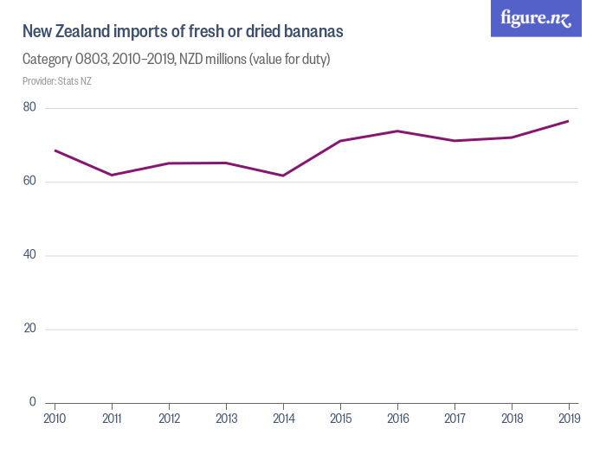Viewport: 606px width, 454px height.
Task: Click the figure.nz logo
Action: [x=535, y=18]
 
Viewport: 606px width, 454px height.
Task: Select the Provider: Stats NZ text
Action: [x=57, y=81]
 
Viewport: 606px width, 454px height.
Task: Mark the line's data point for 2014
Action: [x=283, y=176]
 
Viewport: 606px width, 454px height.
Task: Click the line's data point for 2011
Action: [x=112, y=175]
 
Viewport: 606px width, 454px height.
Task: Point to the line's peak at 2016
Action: [x=397, y=131]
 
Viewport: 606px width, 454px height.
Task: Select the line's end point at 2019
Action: [x=568, y=121]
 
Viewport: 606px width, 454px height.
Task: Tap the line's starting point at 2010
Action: [x=55, y=150]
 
